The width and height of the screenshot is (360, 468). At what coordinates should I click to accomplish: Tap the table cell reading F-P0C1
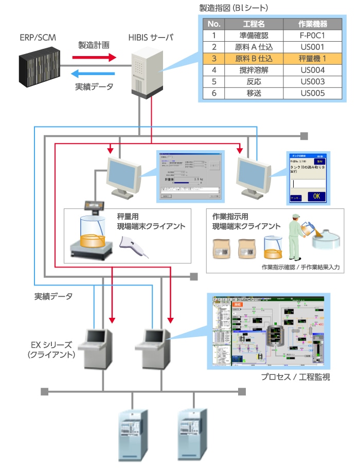point(313,36)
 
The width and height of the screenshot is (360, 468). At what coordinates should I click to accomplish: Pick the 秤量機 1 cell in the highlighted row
point(313,59)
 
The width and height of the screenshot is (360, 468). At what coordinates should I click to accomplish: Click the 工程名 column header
point(254,24)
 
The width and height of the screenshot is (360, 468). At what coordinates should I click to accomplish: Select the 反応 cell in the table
point(254,82)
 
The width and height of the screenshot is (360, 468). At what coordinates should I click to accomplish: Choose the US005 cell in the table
point(313,93)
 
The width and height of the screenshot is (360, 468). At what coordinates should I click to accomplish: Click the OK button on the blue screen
point(316,196)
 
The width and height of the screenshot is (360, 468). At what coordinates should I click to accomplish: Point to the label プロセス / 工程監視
point(295,377)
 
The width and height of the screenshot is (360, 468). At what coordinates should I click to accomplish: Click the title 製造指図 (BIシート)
point(233,8)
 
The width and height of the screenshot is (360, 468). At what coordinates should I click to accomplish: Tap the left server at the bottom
point(133,434)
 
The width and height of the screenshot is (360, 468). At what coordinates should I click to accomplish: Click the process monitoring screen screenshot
point(267,332)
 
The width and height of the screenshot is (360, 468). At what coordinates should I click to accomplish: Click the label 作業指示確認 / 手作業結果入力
point(300,267)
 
